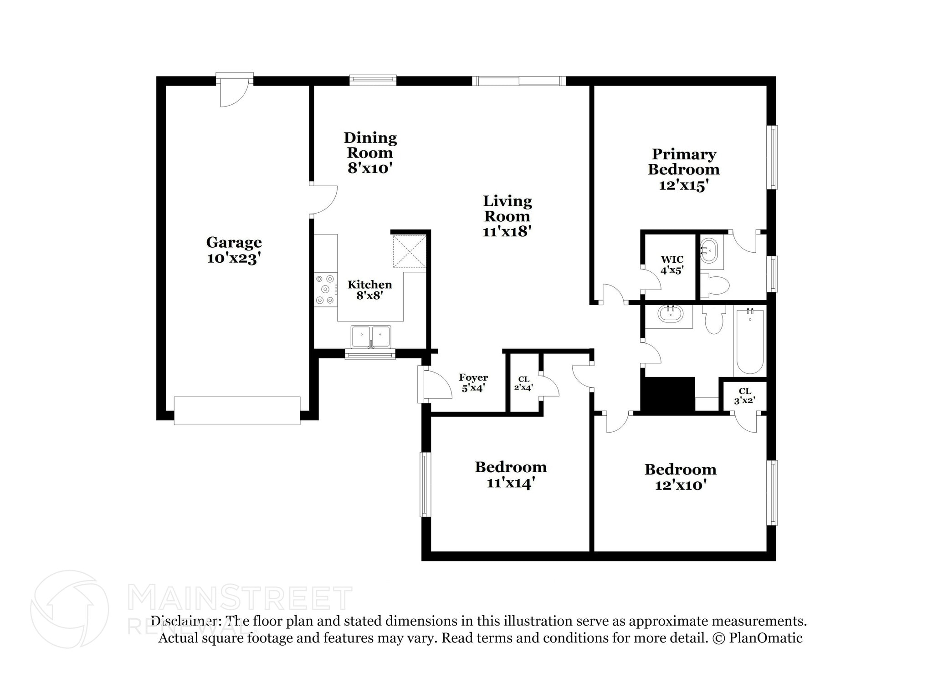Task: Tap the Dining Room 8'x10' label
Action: click(x=370, y=153)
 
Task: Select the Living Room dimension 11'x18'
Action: click(x=508, y=231)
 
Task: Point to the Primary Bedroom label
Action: click(x=684, y=162)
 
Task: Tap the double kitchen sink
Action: click(x=371, y=337)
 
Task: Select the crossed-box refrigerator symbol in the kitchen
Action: click(x=410, y=251)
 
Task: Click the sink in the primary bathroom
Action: click(x=709, y=250)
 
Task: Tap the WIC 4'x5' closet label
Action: click(x=672, y=265)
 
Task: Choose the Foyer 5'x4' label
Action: click(x=473, y=382)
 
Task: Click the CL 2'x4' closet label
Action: click(x=523, y=383)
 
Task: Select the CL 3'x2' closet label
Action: click(x=745, y=396)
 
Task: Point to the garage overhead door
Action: click(x=237, y=411)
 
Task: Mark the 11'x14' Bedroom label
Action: click(x=511, y=474)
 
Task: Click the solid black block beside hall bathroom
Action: click(x=668, y=395)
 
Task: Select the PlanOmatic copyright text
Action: click(x=757, y=638)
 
